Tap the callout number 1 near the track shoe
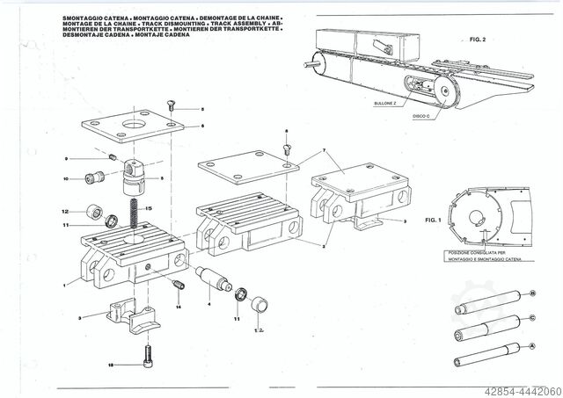click(64, 283)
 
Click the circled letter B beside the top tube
click(532, 293)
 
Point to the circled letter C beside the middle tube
click(532, 318)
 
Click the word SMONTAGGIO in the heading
click(84, 18)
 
